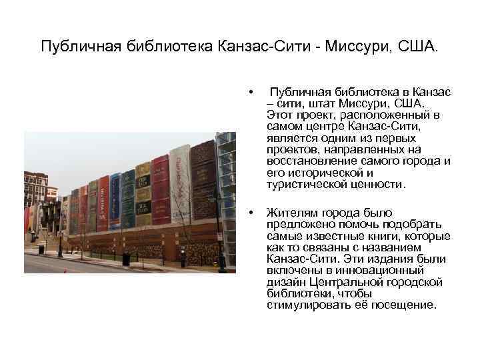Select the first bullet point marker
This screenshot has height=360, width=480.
coord(251,91)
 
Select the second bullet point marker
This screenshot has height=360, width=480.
coord(251,213)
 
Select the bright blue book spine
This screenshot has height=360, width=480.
coord(115,201)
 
